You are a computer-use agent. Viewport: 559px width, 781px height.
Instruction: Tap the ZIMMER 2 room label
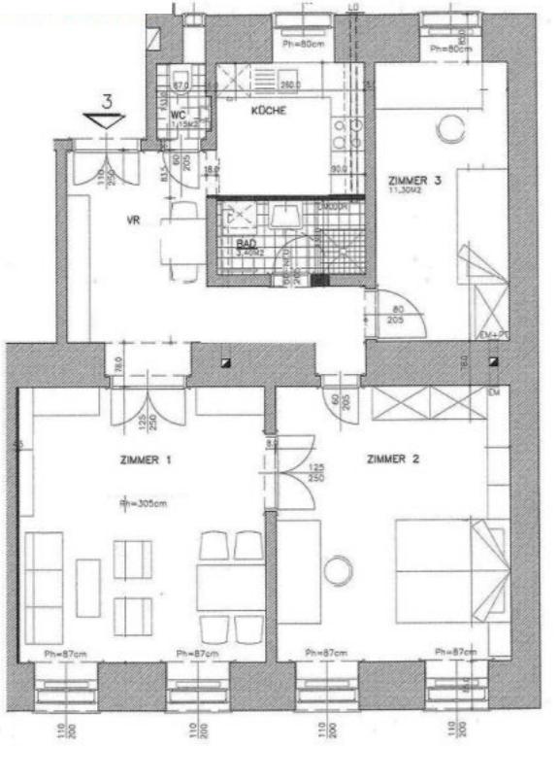click(393, 458)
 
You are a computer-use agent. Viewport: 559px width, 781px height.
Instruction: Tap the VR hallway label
click(134, 221)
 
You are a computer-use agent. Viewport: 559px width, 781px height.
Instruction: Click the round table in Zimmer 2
click(339, 570)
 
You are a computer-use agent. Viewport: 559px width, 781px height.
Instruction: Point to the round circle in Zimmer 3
click(449, 127)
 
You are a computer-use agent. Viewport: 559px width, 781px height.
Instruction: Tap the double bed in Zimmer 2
click(451, 570)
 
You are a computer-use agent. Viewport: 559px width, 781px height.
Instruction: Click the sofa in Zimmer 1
click(44, 587)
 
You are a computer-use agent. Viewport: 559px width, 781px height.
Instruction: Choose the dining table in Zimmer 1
click(231, 587)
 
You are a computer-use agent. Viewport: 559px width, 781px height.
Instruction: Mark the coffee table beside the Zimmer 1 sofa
click(88, 587)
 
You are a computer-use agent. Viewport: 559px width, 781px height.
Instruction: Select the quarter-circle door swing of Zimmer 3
click(400, 313)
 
